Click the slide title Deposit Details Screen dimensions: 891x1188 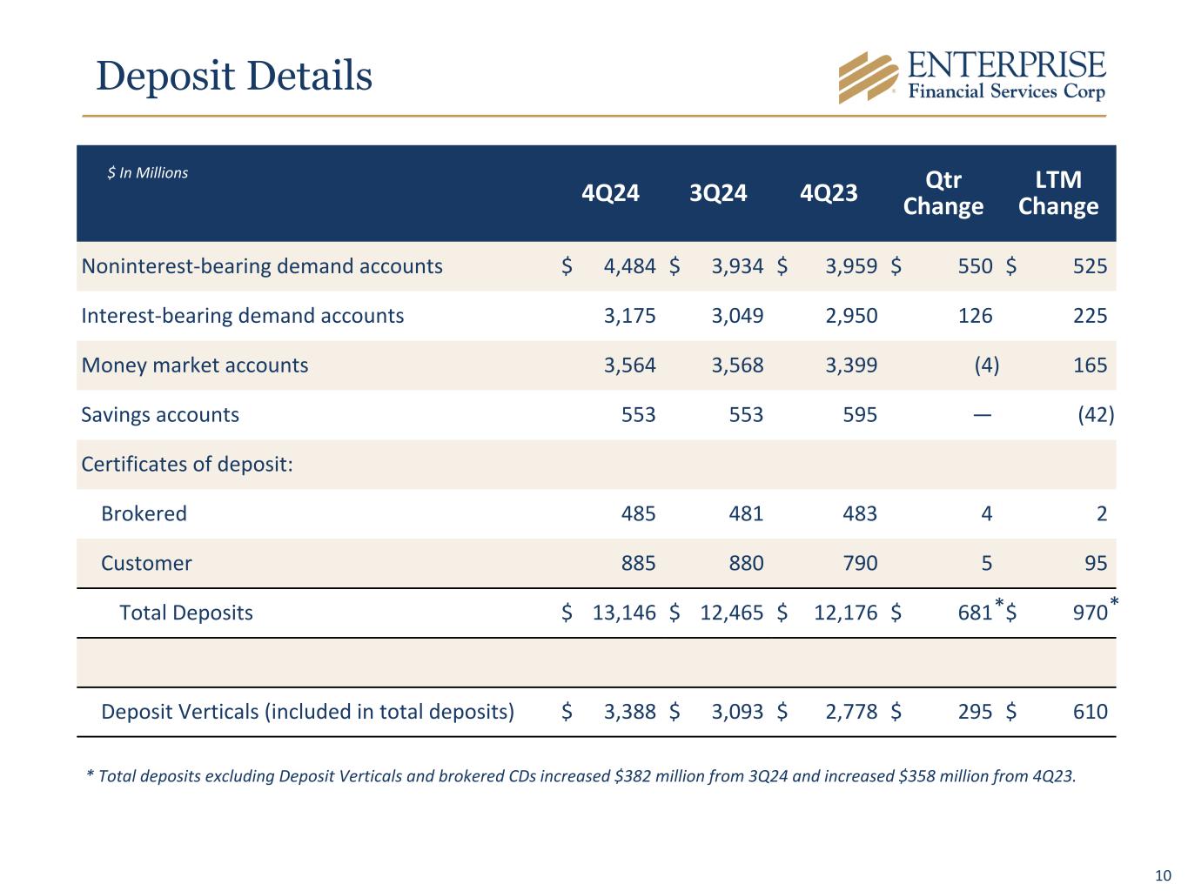234,76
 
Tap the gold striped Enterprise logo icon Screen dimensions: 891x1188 867,77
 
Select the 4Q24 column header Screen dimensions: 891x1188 610,192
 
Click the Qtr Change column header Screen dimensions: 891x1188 943,192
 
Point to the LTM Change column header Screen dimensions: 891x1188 1057,192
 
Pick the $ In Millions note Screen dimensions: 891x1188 148,173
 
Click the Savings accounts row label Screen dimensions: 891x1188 160,414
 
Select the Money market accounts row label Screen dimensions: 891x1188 195,365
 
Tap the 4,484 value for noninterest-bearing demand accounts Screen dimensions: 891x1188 629,266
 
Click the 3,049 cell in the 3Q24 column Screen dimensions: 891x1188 737,316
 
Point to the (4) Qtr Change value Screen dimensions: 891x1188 986,365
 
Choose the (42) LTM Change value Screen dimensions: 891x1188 1096,415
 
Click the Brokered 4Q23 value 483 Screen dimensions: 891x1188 860,513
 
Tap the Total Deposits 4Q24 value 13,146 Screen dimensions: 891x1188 624,613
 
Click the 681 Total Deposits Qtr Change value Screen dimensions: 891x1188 975,613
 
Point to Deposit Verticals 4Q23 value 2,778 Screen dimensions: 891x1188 851,712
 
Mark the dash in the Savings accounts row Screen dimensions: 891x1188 982,415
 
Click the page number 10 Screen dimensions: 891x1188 1163,875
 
